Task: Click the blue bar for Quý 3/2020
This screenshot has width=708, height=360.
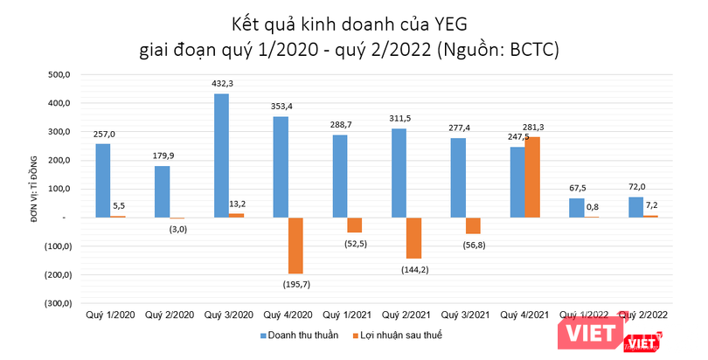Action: click(x=222, y=156)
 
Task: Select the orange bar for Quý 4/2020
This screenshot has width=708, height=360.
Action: click(x=296, y=246)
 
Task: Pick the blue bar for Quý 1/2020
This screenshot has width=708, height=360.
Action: click(x=102, y=180)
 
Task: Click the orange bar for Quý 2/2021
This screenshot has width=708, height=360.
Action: click(x=414, y=238)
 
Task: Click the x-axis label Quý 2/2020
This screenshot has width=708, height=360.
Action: click(x=168, y=314)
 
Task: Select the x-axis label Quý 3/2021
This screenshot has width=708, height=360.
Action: click(x=464, y=314)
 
